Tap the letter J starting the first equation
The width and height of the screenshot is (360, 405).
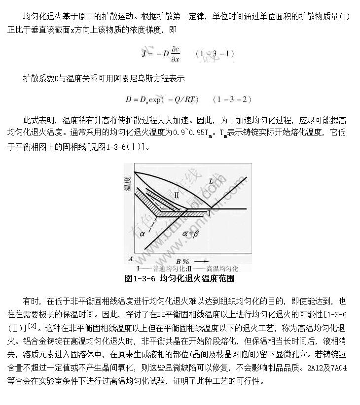tap(144, 53)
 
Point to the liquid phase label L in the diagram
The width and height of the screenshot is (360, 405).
tap(211, 182)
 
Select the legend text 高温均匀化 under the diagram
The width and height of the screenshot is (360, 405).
tap(221, 269)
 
